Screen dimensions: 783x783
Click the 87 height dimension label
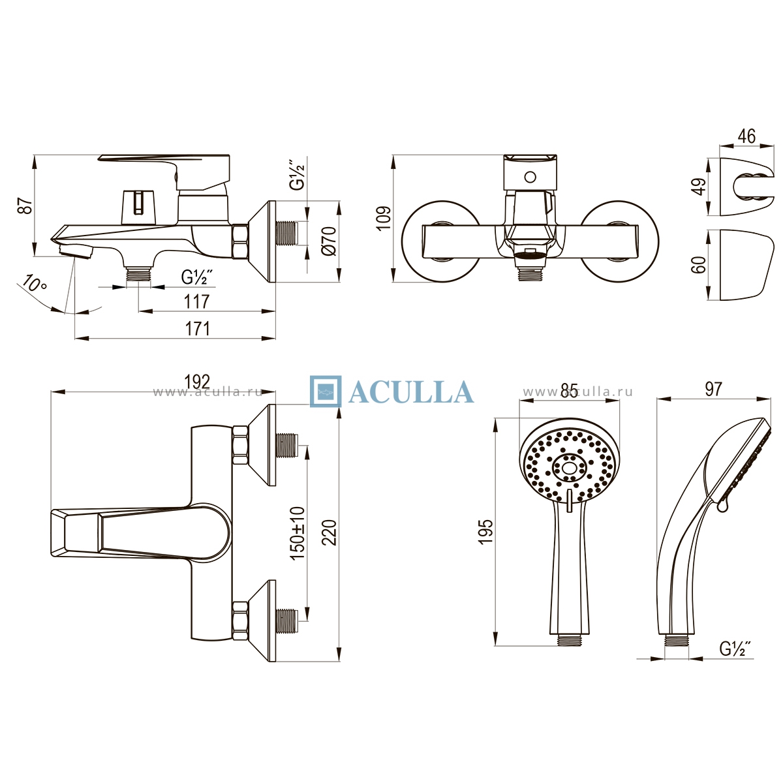tap(25, 206)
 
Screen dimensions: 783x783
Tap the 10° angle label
tap(35, 283)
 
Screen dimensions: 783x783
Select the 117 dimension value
tap(196, 301)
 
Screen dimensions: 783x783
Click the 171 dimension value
tap(198, 329)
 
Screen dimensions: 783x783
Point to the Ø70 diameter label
tap(328, 241)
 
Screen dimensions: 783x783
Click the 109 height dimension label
tap(384, 219)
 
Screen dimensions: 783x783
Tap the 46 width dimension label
tap(746, 136)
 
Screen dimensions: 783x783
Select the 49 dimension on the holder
tap(699, 187)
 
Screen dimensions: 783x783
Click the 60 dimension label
tap(699, 264)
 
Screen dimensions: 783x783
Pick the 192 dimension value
tap(197, 382)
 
